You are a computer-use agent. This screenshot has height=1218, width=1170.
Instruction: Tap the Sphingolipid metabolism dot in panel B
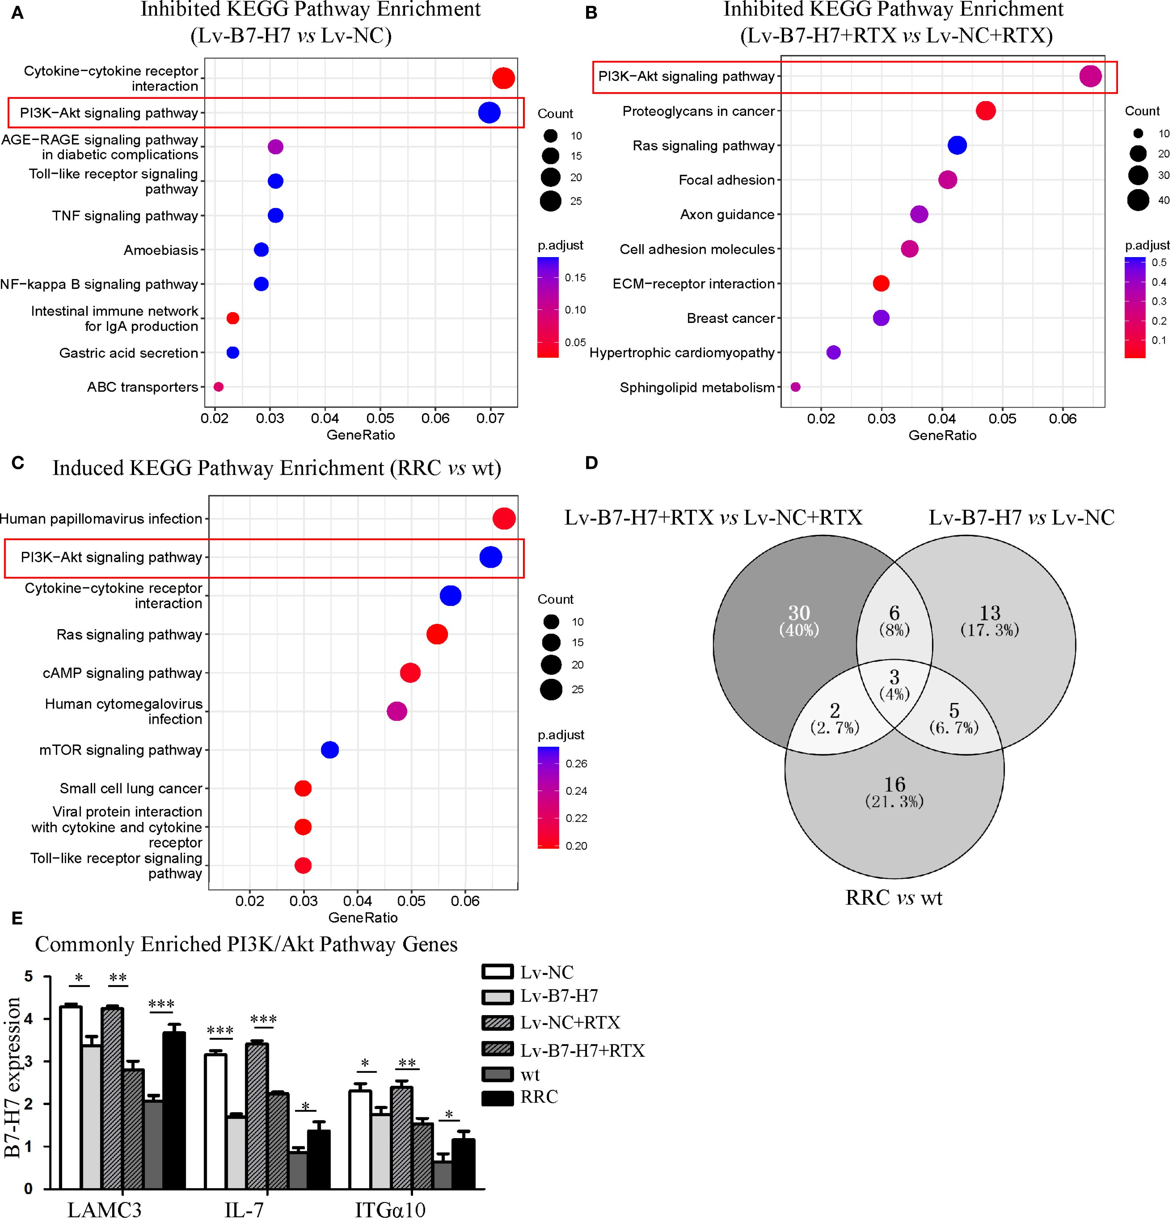(795, 387)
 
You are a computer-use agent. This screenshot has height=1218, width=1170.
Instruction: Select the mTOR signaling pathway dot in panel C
(330, 750)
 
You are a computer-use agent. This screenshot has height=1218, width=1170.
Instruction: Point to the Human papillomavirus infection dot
(504, 519)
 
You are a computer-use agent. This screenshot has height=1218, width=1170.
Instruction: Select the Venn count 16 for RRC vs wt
(895, 784)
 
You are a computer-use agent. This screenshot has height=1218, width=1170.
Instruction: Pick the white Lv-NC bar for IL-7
(215, 1122)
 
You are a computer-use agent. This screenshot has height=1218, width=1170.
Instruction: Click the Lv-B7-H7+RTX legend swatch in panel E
(498, 1050)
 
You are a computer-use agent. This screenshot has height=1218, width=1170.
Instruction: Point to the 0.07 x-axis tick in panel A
(490, 419)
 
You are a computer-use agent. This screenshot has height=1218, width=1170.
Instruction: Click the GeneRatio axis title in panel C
(363, 917)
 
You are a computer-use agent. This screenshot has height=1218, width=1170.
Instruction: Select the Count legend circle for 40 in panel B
(1138, 200)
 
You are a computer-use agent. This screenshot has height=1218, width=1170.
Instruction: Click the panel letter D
(592, 463)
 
